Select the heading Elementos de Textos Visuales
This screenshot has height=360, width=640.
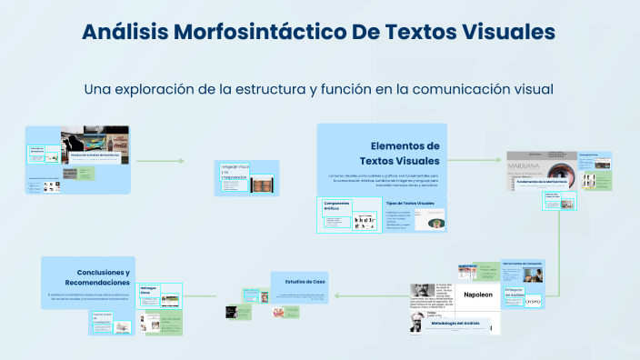coord(405,153)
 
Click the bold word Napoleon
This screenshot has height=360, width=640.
coord(477,295)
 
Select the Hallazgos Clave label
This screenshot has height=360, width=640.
coord(149,290)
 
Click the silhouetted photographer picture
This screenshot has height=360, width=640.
coord(82,143)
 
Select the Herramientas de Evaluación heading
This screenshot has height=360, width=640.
coord(521,265)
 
